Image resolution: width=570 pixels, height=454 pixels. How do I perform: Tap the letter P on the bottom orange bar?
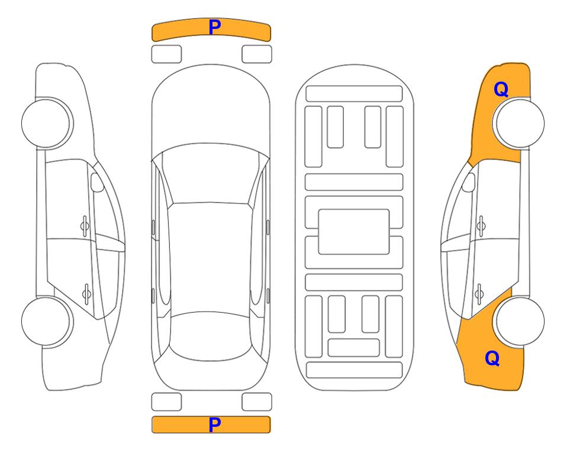point(214,424)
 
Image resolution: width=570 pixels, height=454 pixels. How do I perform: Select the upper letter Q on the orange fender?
point(501,89)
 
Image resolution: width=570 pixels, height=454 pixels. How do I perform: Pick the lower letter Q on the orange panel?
point(492,358)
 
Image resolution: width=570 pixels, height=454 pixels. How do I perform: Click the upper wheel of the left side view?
point(46,123)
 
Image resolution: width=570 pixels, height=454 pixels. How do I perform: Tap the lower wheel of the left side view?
point(46,322)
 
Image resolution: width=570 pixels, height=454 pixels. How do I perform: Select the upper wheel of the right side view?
point(520,123)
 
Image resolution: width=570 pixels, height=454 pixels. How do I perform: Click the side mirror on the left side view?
point(96,182)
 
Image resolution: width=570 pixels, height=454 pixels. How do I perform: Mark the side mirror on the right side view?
point(468,182)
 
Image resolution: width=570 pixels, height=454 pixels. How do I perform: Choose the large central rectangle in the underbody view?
point(354,232)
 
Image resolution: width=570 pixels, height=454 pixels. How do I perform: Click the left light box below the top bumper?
point(166,54)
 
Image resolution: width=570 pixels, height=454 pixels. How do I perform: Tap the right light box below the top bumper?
point(257,54)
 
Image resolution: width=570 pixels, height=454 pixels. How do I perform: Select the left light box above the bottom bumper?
point(166,402)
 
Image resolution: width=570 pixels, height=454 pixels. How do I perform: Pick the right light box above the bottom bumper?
point(257,402)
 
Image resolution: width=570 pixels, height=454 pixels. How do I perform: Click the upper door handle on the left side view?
point(85,226)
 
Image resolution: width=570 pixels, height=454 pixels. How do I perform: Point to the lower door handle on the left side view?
point(86,293)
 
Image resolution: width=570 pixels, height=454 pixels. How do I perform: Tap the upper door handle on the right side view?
point(481,226)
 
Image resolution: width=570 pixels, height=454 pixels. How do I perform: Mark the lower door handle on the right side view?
point(479,293)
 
